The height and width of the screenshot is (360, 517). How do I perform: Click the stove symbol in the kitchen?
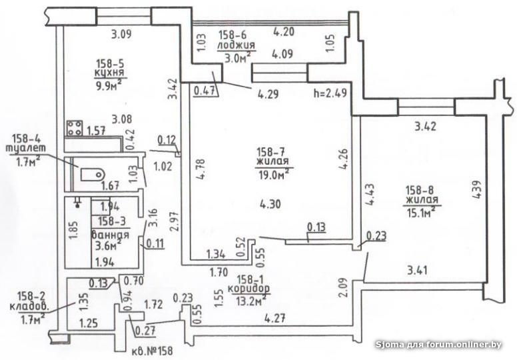tap(75, 128)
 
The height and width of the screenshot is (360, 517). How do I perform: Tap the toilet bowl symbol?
tap(93, 174)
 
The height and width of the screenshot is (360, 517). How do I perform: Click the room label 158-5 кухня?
tap(107, 67)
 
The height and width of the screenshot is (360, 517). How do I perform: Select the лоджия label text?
tap(236, 45)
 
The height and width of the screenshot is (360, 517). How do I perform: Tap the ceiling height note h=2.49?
tap(330, 93)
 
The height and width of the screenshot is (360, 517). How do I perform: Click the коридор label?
tap(249, 289)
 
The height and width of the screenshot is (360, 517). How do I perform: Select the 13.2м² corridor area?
tap(251, 301)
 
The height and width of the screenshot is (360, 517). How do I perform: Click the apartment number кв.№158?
tap(152, 351)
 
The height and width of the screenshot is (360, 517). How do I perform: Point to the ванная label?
tap(110, 235)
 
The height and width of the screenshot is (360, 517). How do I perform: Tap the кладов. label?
tap(29, 307)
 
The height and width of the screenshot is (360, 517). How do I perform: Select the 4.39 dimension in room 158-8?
tap(478, 189)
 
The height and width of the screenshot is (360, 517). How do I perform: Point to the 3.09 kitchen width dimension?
tap(121, 33)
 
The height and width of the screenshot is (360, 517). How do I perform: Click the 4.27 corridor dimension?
tap(274, 319)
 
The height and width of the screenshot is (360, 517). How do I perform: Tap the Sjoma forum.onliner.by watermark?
tap(439, 345)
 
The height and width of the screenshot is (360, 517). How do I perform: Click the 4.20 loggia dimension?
tap(284, 32)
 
